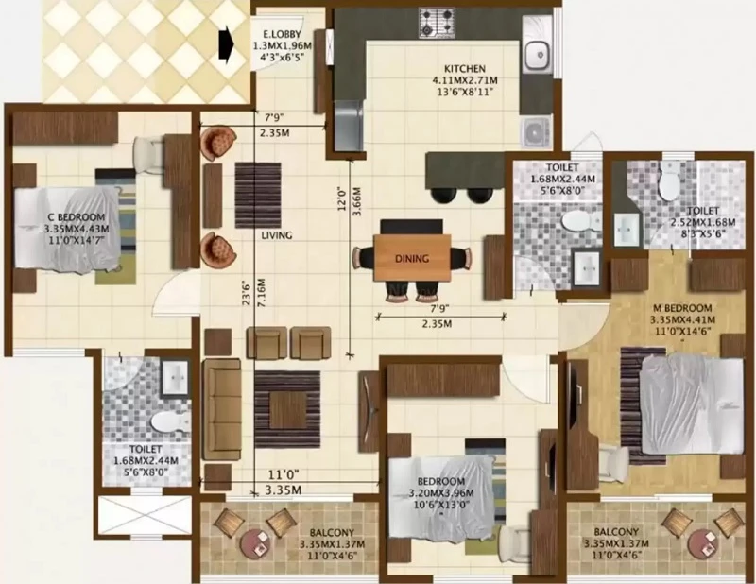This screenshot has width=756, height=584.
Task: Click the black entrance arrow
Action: point(226,43)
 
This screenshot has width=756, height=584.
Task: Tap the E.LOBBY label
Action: point(282,35)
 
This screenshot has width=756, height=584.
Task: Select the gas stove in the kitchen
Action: point(437,22)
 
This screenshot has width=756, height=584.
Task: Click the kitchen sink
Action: point(537,54)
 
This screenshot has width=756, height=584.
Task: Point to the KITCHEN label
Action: point(464,69)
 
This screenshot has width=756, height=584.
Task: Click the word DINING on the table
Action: point(412,259)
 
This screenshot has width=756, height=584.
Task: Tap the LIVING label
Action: point(277,235)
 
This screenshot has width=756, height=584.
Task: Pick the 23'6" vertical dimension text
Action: point(248,292)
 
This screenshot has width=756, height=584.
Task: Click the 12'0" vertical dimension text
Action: point(342,198)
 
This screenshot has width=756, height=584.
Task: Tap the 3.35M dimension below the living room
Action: point(283,490)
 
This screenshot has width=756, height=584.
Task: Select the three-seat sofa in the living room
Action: point(221,410)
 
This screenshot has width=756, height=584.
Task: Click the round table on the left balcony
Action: point(256,544)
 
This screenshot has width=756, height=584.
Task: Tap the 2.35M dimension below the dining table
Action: point(437,324)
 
